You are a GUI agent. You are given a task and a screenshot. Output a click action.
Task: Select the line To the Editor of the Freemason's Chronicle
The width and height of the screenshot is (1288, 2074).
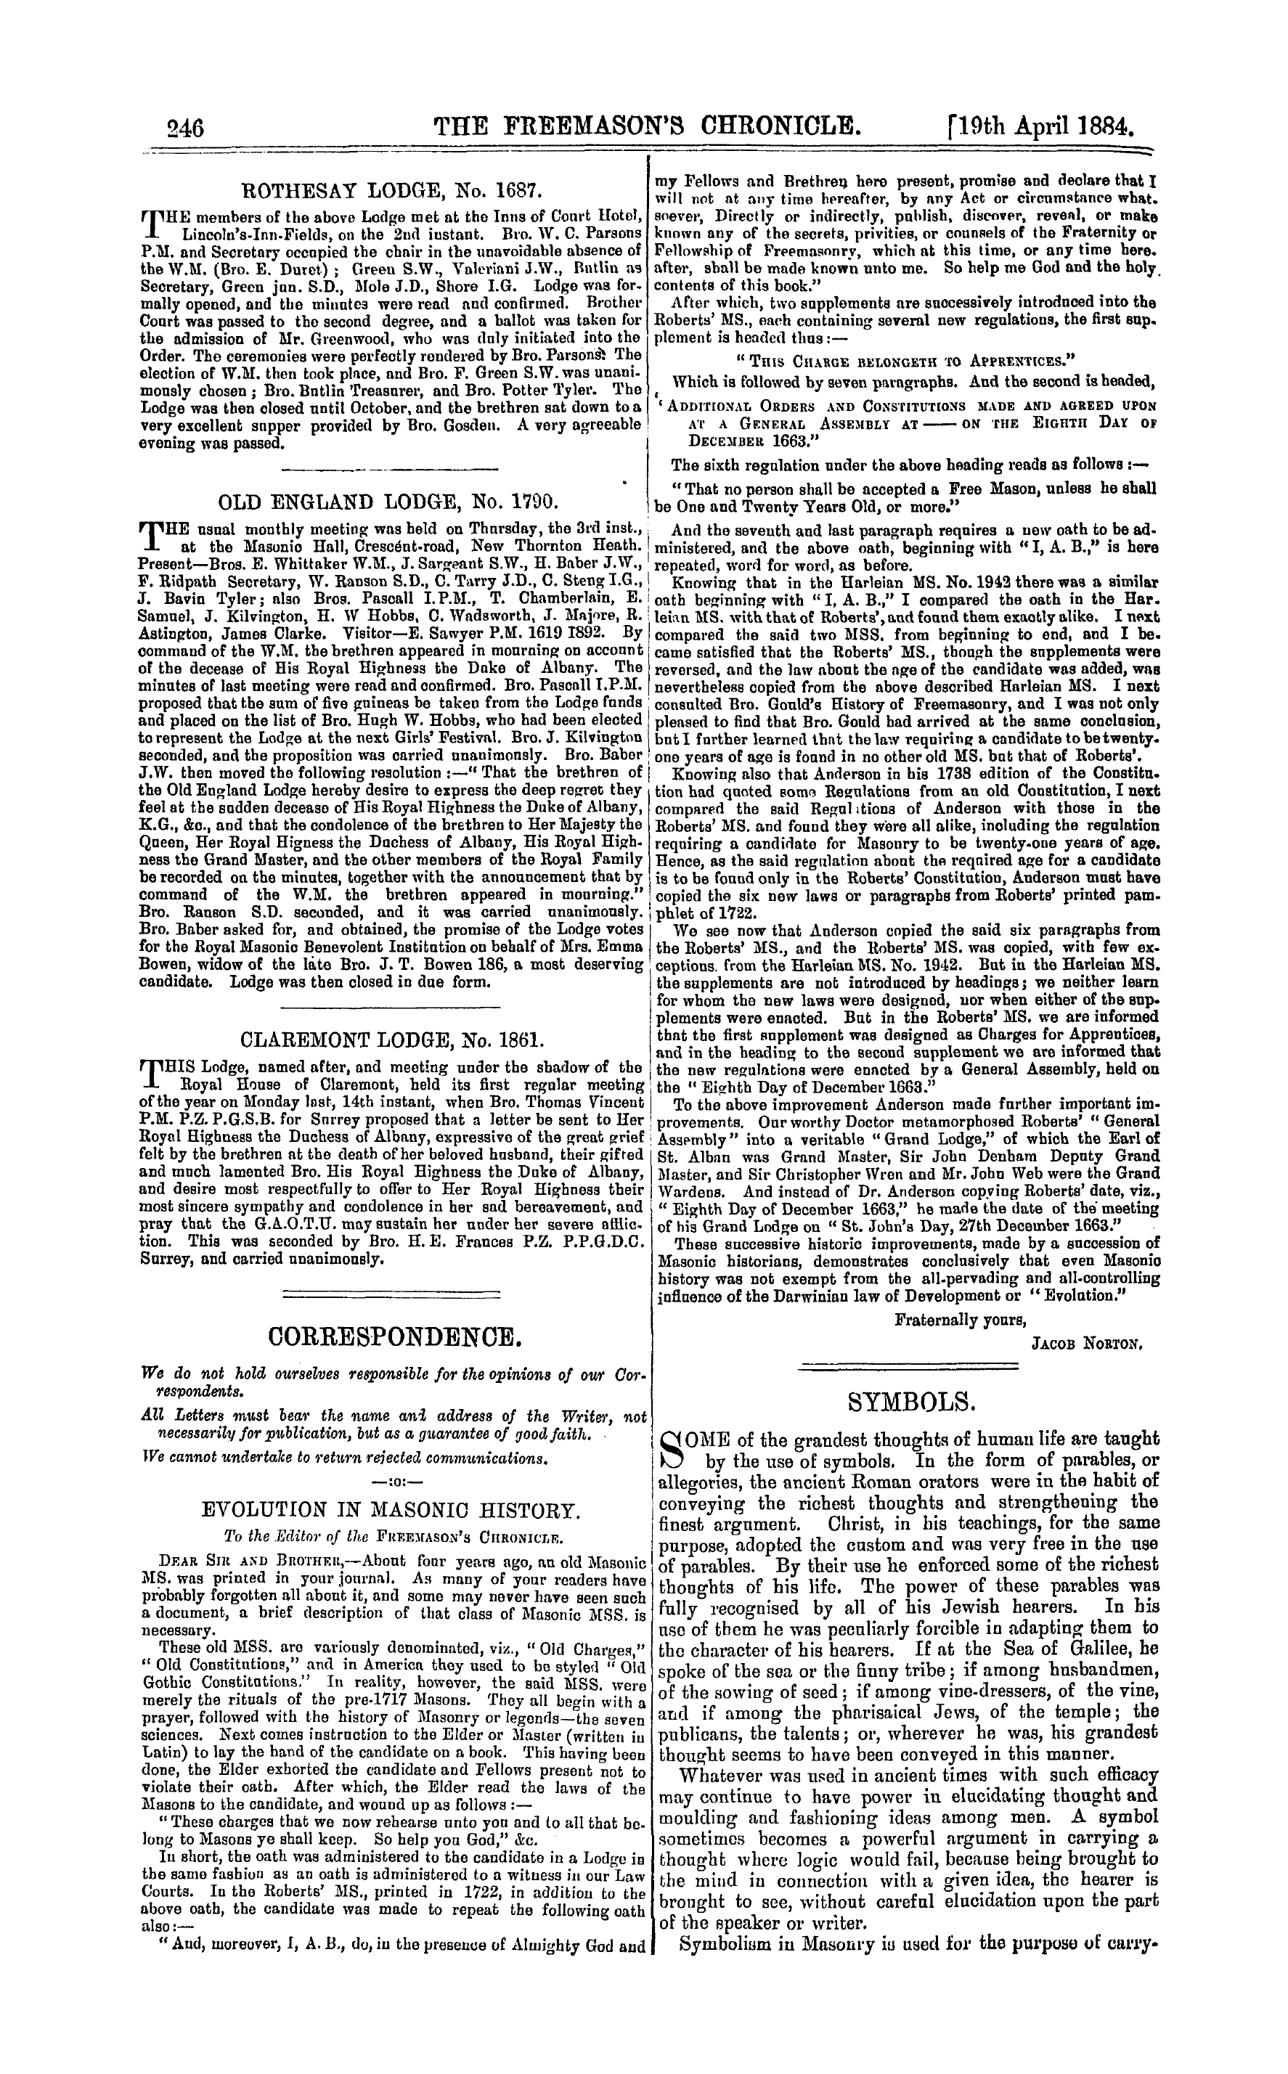point(391,1538)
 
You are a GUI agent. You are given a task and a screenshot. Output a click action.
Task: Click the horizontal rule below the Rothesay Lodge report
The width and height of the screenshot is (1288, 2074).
point(389,468)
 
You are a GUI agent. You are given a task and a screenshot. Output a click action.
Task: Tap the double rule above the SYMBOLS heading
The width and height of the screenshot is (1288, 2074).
point(910,1367)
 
